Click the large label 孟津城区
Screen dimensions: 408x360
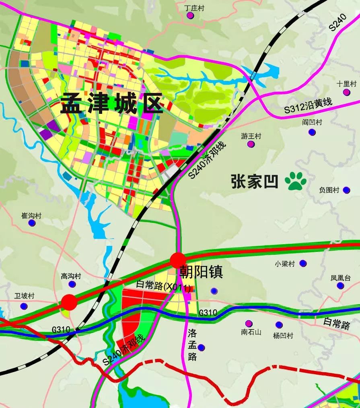[112, 104]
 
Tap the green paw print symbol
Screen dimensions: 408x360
[296, 181]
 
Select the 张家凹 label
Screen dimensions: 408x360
[255, 181]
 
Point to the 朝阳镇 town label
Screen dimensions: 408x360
[201, 272]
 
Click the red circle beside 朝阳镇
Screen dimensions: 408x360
[178, 260]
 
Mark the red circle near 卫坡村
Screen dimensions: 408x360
[69, 302]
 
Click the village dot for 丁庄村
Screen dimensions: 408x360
[190, 15]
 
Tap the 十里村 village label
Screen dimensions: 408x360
[347, 84]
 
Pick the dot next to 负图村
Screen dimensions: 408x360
[346, 190]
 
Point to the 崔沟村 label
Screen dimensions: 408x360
[31, 216]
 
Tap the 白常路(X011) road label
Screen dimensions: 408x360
[163, 286]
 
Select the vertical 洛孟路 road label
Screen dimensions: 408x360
[192, 345]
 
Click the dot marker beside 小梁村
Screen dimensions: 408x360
[303, 264]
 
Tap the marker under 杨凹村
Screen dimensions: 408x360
[279, 325]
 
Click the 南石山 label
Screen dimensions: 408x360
[251, 332]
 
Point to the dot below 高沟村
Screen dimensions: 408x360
[72, 284]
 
